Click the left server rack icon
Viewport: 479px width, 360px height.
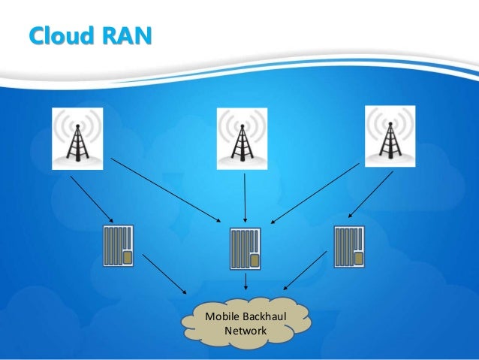tap(118, 245)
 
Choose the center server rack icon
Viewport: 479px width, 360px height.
tap(246, 250)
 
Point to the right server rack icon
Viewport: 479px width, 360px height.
tap(349, 245)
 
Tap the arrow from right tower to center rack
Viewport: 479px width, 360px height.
tap(315, 193)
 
